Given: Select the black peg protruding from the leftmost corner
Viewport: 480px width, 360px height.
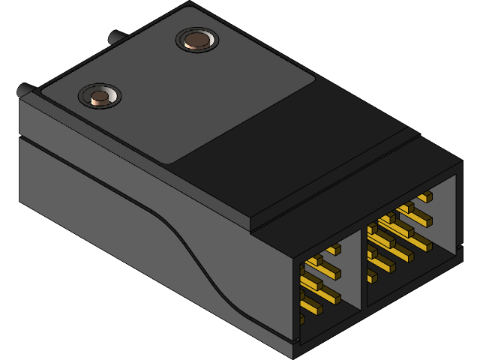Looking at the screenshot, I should (23, 90).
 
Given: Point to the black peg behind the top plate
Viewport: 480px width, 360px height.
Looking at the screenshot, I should (116, 37).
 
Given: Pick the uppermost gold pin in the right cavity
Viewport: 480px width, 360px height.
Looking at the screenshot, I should (424, 197).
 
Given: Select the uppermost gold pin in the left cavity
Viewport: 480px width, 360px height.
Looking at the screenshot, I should (334, 248).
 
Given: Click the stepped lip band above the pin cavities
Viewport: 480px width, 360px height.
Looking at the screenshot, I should (352, 199).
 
